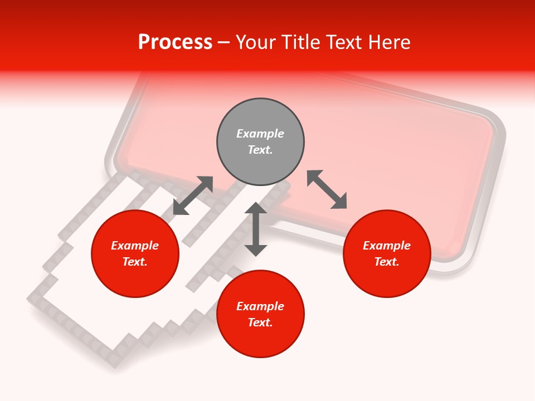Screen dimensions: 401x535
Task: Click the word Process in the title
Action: pyautogui.click(x=175, y=42)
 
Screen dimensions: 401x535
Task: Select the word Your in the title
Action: pyautogui.click(x=255, y=42)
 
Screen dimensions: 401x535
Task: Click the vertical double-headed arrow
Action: pyautogui.click(x=256, y=229)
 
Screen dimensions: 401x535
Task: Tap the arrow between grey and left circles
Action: pyautogui.click(x=193, y=195)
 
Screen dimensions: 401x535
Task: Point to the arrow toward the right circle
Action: pyautogui.click(x=327, y=189)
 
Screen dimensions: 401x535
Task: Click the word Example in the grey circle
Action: pyautogui.click(x=260, y=134)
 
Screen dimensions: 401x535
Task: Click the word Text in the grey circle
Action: pyautogui.click(x=260, y=150)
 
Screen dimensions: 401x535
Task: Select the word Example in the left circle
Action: pyautogui.click(x=135, y=246)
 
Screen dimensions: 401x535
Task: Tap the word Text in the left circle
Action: pyautogui.click(x=135, y=262)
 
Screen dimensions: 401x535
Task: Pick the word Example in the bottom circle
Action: pyautogui.click(x=260, y=306)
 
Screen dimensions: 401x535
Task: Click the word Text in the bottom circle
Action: pyautogui.click(x=260, y=322)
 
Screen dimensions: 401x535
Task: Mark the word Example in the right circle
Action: pyautogui.click(x=387, y=246)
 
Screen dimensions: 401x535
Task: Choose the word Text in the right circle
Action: pyautogui.click(x=386, y=262)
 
